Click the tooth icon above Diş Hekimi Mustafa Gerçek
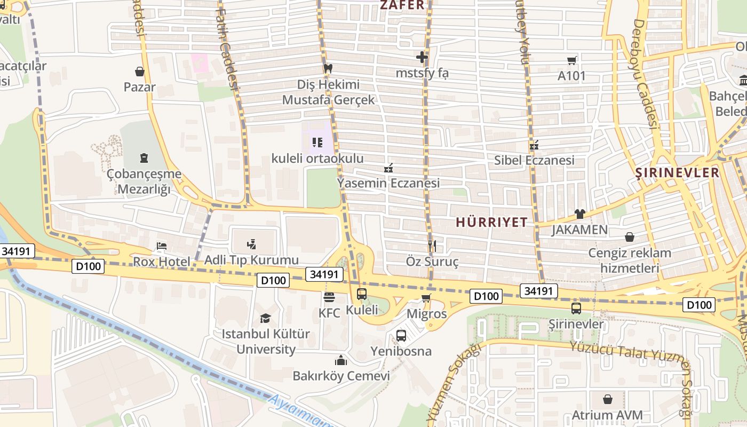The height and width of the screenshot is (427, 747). pos(328,68)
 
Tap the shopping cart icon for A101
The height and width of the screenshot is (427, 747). pos(572,60)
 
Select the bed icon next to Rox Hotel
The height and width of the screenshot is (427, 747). pos(162,246)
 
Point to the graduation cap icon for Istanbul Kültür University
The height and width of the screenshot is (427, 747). pos(265,319)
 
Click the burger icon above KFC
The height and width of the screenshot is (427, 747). pos(329,297)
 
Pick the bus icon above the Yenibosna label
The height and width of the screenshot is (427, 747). pos(401,336)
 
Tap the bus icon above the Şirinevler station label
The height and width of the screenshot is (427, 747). pos(576,308)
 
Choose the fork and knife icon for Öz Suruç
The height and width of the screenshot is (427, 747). pos(432,246)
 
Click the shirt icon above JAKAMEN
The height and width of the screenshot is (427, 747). pos(579,214)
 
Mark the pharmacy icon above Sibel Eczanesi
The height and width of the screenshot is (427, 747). pos(534,145)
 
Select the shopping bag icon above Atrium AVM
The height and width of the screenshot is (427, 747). pos(607,399)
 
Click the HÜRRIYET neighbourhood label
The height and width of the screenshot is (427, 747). pos(491,223)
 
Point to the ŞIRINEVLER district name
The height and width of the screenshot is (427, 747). pos(678,173)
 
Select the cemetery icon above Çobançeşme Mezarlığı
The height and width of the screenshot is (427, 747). pos(144,158)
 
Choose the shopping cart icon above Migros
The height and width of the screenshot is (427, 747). pos(426,298)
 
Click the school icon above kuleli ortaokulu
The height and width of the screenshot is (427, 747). pos(317,143)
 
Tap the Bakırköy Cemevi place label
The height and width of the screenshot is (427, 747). pos(341,376)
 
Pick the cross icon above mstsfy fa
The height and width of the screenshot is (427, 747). pos(422,57)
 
